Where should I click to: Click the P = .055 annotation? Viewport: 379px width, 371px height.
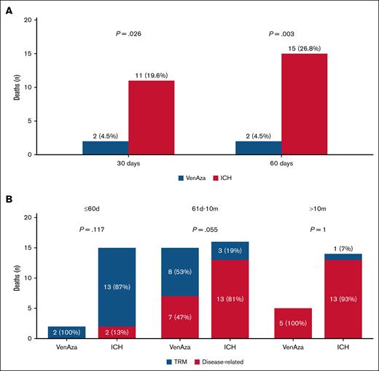[202, 229]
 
